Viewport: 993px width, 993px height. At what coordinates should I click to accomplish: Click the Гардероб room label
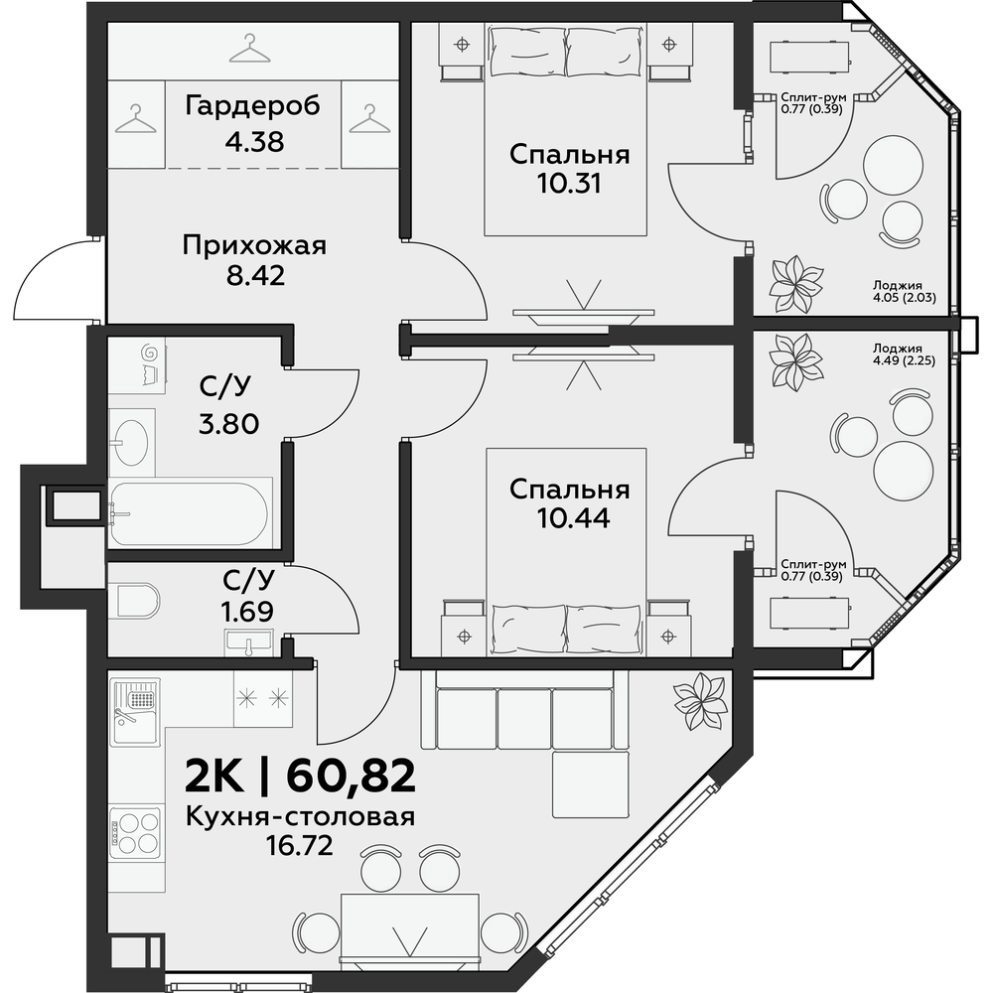[x=252, y=106]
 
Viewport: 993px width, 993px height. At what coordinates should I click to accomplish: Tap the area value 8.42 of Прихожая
[x=255, y=275]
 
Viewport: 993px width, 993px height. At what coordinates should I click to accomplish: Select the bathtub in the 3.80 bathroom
[x=190, y=513]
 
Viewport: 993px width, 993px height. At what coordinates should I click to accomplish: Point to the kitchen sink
[x=135, y=712]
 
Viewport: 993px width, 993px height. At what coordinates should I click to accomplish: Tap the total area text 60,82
[x=351, y=777]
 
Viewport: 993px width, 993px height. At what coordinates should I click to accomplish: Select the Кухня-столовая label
[x=300, y=818]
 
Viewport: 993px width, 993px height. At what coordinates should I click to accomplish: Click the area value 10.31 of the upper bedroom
[x=569, y=183]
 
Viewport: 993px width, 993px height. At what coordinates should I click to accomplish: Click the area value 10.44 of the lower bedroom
[x=574, y=518]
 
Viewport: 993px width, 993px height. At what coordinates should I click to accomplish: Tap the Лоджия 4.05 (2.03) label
[x=904, y=291]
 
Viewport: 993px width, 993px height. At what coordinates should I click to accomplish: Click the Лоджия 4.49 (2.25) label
[x=904, y=355]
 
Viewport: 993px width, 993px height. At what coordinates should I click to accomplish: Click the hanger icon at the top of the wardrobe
[x=250, y=50]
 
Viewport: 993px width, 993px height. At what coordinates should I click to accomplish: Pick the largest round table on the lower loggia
[x=903, y=470]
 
